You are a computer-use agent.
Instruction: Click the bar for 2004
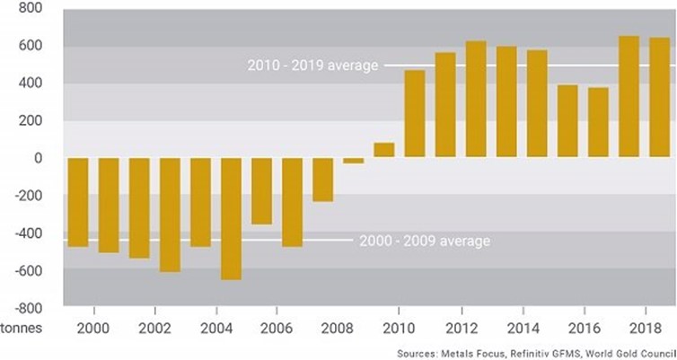pos(232,218)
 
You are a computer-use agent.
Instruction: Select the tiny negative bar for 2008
pos(355,161)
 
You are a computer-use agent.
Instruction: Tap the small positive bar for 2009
pos(384,150)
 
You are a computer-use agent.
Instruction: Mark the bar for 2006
pos(293,202)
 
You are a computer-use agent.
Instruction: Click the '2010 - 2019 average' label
pos(313,66)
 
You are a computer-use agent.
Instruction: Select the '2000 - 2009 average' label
pos(425,241)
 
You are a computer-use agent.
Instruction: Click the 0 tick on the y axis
pos(39,158)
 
